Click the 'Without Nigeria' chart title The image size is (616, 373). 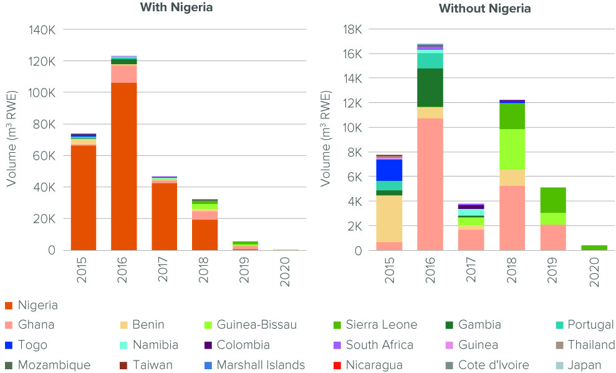[x=484, y=9]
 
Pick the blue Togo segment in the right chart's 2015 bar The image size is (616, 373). [x=389, y=170]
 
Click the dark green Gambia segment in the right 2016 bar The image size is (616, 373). [x=430, y=87]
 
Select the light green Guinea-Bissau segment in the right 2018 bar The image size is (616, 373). [x=511, y=149]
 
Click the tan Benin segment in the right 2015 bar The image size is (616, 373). [x=389, y=218]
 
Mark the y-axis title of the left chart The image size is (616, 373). [x=12, y=139]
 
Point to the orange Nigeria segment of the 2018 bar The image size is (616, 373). [x=205, y=235]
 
